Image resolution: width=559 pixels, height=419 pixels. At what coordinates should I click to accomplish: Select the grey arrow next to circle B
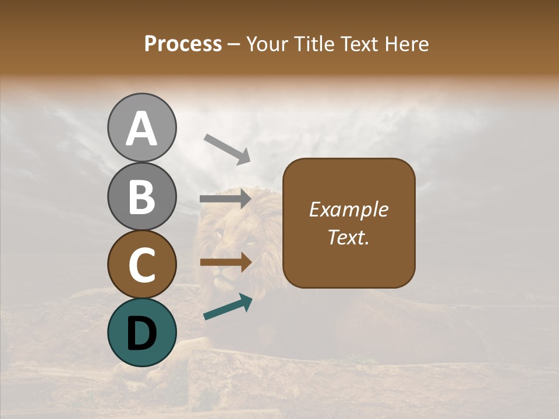[225, 199]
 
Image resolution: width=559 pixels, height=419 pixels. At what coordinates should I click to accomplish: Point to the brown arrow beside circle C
[225, 262]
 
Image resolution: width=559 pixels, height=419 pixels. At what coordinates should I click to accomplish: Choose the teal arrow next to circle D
[228, 307]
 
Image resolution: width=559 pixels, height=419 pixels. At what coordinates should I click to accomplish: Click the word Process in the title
[183, 44]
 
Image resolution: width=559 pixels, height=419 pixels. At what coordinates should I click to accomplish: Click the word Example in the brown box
[349, 210]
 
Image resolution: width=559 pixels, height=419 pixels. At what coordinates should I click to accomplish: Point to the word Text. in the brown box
[349, 237]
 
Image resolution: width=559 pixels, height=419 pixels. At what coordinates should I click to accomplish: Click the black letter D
[141, 333]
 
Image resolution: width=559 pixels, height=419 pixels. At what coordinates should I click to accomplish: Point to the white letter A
[141, 128]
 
